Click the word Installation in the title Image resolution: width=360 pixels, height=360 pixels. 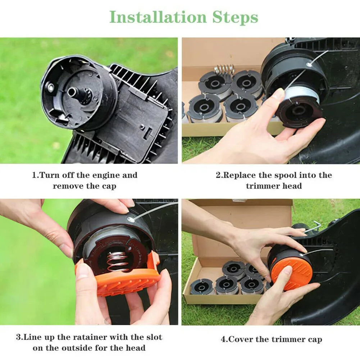158,17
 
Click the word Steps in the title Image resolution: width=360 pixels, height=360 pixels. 235,18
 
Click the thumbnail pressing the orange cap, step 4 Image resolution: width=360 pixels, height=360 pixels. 286,270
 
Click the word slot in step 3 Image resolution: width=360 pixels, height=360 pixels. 154,337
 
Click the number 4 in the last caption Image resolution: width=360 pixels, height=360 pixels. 223,339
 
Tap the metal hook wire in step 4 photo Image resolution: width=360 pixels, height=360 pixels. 313,227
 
